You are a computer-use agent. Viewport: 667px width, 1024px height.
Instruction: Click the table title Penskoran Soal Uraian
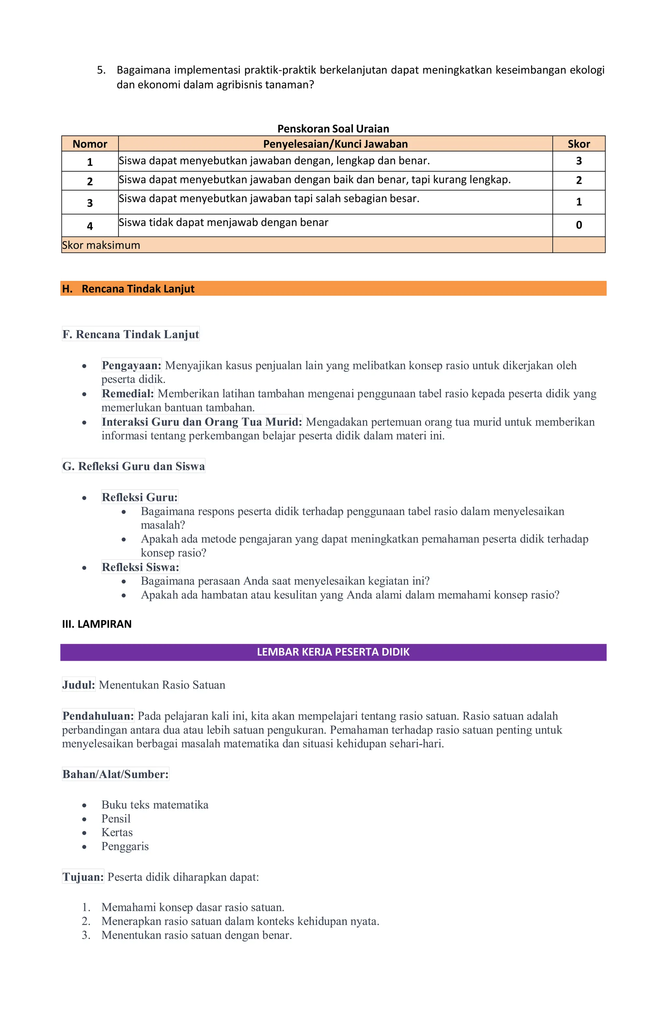(333, 129)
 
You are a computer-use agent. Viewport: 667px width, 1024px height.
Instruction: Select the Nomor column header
(90, 144)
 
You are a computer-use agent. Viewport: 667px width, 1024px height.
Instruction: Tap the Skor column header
(578, 144)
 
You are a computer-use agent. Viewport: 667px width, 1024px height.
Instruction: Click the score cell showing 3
(578, 161)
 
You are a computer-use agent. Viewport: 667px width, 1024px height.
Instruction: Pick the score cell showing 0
(578, 225)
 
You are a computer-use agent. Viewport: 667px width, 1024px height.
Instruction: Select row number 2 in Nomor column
(90, 181)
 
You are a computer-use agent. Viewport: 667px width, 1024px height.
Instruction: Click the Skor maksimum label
(101, 245)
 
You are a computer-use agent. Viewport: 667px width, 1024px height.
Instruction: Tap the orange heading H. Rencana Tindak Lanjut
(138, 289)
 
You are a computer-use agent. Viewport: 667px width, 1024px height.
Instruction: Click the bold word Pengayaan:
(131, 365)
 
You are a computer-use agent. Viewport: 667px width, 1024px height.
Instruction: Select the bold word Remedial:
(128, 393)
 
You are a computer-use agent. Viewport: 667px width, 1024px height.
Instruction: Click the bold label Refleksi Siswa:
(140, 567)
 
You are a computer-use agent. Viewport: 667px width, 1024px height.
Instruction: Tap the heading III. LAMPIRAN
(97, 624)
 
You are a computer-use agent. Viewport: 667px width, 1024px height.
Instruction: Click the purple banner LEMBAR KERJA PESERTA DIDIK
(333, 652)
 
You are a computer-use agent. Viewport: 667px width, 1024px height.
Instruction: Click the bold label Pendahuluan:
(98, 715)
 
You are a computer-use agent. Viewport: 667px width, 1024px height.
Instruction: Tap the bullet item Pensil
(116, 818)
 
